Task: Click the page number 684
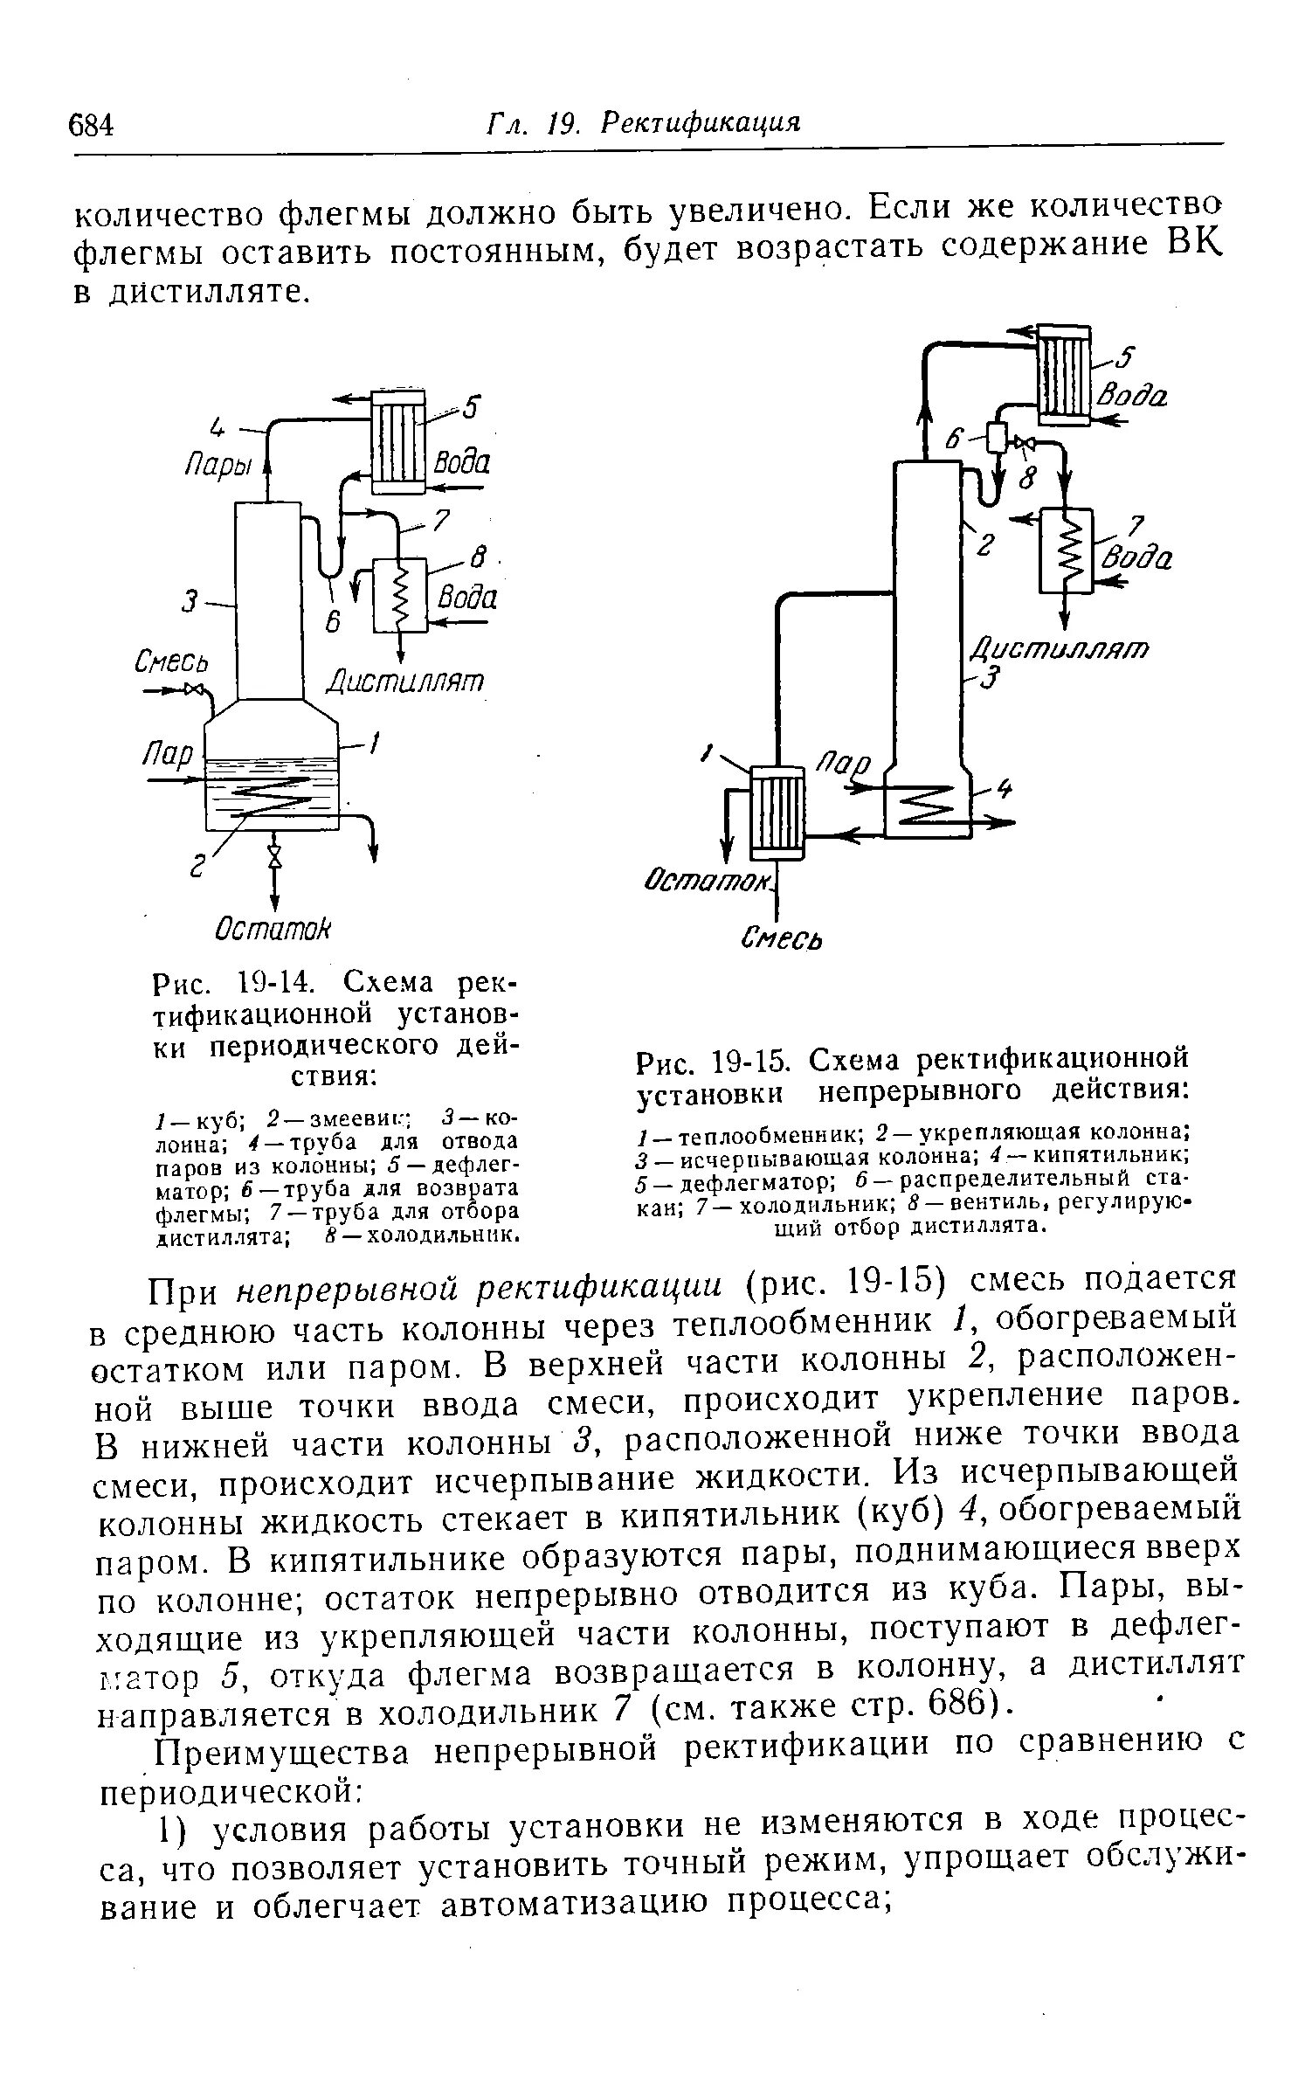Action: (x=91, y=126)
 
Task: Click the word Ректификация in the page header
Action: (x=701, y=123)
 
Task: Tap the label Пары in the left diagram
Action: (x=217, y=467)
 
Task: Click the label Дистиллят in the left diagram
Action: (x=405, y=681)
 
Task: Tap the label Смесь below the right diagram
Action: (x=782, y=938)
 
